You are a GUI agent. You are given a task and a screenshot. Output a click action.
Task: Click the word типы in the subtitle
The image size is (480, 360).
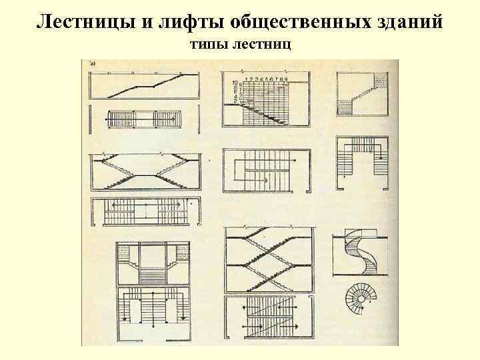pos(208,45)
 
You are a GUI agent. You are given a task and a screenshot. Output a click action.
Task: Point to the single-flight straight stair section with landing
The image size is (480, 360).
pos(144,86)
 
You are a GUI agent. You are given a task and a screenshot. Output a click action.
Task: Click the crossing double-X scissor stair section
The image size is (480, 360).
pos(269,261)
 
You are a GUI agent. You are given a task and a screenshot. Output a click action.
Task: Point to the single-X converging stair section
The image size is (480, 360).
pos(144,171)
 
